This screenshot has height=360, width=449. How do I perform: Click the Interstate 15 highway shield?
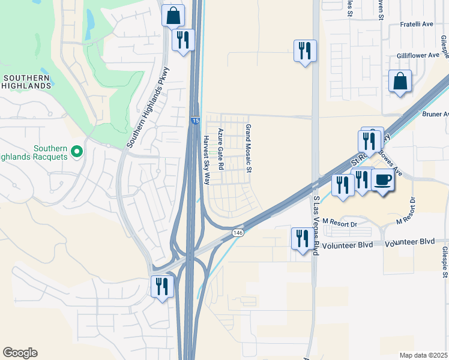[196, 121]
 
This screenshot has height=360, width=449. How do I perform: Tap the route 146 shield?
[238, 232]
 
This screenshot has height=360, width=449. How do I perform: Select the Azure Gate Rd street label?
[221, 148]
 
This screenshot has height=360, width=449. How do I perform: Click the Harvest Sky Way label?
[206, 160]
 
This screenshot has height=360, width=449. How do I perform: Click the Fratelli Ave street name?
[417, 25]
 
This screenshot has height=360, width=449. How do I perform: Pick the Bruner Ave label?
[436, 114]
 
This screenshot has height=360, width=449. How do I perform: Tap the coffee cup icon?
[383, 179]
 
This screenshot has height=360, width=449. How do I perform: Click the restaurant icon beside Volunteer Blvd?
[301, 238]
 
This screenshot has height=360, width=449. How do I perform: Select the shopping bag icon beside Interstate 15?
[173, 16]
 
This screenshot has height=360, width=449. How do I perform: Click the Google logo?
[20, 353]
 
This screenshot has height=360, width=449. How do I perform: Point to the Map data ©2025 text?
[423, 355]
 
